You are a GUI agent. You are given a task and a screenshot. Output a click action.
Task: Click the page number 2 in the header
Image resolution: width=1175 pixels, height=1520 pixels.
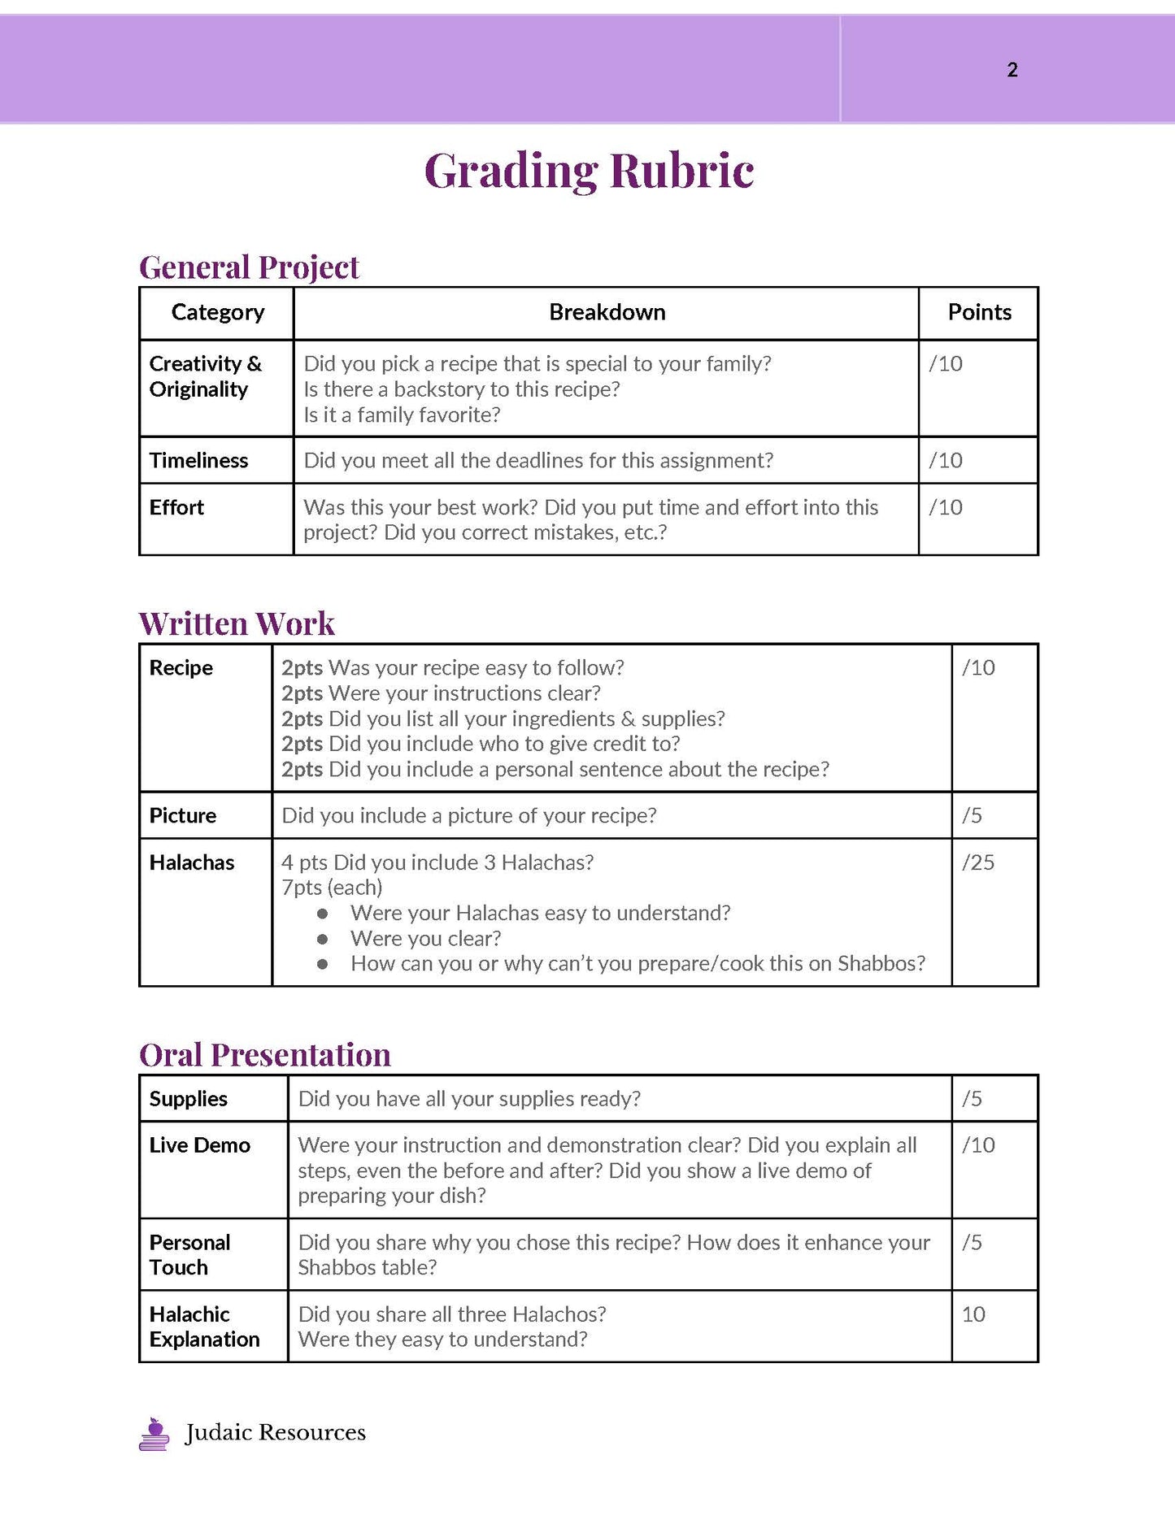1012,70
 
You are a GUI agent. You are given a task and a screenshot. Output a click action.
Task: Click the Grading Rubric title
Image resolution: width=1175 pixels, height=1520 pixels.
589,171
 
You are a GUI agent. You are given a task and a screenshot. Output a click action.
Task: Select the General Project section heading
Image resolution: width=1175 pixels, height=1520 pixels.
249,267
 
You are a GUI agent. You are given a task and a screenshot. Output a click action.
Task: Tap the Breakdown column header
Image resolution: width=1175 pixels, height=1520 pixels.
607,312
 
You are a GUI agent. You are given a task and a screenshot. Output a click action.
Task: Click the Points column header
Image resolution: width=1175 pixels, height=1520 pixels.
979,312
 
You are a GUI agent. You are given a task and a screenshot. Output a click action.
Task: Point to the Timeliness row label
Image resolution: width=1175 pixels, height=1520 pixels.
198,460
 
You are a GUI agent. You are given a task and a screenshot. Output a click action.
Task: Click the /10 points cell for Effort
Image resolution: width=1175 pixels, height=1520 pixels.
946,507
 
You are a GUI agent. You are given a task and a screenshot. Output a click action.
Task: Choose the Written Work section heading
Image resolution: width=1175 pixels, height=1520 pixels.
237,623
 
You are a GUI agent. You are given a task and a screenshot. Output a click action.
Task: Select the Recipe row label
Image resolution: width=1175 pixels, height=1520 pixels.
181,667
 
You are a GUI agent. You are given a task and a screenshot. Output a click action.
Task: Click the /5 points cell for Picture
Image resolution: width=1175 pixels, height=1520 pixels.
972,815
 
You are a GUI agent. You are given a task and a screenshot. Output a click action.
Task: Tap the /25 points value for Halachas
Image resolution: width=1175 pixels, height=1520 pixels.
977,862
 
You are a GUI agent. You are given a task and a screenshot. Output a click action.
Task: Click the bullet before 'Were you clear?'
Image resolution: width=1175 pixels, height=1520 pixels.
322,939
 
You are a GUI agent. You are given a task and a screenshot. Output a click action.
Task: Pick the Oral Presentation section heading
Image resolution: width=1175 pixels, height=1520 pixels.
265,1054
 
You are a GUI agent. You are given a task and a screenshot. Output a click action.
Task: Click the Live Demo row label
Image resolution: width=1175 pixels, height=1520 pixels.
199,1144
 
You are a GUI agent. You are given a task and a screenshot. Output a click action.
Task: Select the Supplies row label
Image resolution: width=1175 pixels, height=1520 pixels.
188,1098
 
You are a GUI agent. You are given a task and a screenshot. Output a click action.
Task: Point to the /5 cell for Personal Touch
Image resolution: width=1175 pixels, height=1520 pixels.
972,1242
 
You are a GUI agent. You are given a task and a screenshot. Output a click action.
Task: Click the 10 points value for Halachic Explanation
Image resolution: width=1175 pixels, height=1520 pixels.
973,1314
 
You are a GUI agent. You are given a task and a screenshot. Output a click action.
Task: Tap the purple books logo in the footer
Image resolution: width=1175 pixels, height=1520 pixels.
154,1434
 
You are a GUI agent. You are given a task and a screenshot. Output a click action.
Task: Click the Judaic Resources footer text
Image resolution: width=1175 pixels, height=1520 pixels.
275,1432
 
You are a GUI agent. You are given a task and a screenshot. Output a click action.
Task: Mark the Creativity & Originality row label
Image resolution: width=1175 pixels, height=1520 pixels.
205,376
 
